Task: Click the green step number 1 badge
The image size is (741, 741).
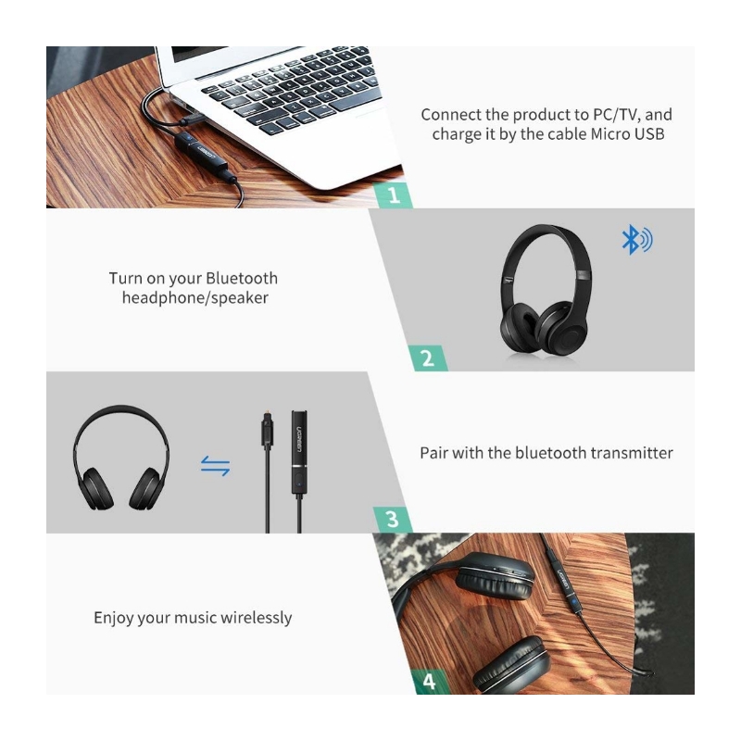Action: click(x=393, y=195)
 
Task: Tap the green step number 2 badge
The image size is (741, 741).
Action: click(x=428, y=358)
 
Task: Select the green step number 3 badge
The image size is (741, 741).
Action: click(x=392, y=520)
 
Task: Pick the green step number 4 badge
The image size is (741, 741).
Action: click(x=429, y=682)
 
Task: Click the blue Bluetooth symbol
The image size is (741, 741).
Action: click(x=636, y=240)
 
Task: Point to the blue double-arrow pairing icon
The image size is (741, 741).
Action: click(x=215, y=466)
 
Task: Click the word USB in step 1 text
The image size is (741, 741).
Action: click(x=649, y=133)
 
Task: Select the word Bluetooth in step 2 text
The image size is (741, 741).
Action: click(x=242, y=278)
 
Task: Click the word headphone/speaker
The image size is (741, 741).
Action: click(x=195, y=297)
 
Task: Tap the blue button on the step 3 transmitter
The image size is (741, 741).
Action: click(x=298, y=483)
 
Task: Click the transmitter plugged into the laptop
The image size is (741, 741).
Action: click(x=202, y=155)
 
